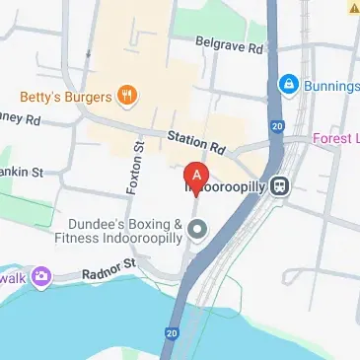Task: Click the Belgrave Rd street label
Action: coord(230,47)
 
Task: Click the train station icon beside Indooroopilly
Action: coord(280,183)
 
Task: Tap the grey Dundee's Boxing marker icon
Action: coord(197,231)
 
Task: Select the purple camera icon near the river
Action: coord(41,276)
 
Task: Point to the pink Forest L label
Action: coord(336,139)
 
